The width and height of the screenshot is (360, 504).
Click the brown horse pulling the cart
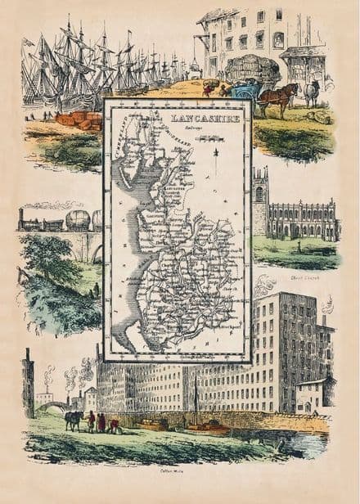point(277,97)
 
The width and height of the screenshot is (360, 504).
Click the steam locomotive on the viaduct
point(33,219)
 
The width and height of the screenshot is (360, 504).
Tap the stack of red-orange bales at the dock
point(79,119)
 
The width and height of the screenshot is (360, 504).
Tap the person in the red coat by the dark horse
point(101,422)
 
